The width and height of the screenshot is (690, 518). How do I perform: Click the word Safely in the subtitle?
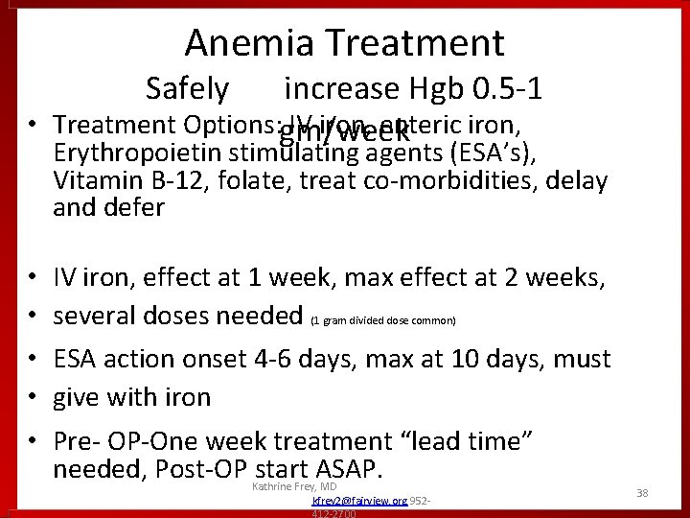click(x=187, y=88)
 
